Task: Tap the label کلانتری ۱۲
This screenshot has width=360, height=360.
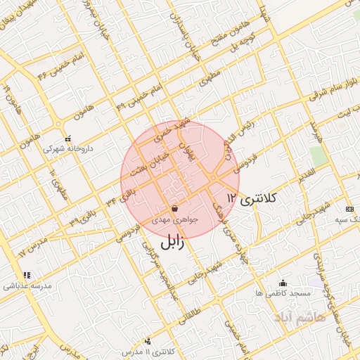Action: click(254, 200)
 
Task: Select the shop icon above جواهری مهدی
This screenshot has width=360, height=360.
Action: click(174, 208)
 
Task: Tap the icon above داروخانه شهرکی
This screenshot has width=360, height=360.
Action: click(67, 139)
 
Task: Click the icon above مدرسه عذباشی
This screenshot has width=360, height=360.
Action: click(27, 275)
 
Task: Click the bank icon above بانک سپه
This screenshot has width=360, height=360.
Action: click(349, 210)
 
